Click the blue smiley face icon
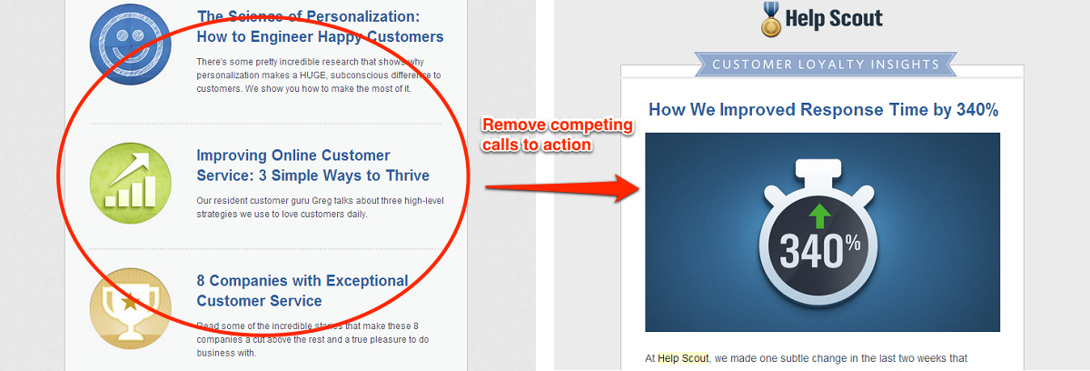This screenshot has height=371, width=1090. pyautogui.click(x=131, y=45)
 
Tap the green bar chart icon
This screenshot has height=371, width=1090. pyautogui.click(x=131, y=183)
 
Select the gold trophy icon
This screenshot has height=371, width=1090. pyautogui.click(x=131, y=308)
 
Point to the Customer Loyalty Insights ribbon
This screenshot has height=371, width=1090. pyautogui.click(x=826, y=65)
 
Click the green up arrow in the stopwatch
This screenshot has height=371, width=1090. pyautogui.click(x=820, y=216)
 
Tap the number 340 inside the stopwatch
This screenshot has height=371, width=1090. pyautogui.click(x=811, y=251)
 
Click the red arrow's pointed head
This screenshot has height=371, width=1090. pyautogui.click(x=639, y=188)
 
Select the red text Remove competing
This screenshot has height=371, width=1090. pyautogui.click(x=558, y=125)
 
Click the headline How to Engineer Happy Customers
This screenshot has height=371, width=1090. pyautogui.click(x=320, y=36)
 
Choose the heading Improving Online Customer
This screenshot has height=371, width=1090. pyautogui.click(x=293, y=155)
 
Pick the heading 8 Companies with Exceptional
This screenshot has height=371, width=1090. pyautogui.click(x=302, y=280)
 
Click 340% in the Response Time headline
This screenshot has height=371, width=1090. pyautogui.click(x=977, y=109)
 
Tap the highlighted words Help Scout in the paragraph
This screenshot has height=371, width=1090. pyautogui.click(x=683, y=358)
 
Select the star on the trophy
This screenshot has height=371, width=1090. pyautogui.click(x=130, y=302)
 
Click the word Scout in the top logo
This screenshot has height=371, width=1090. pyautogui.click(x=856, y=18)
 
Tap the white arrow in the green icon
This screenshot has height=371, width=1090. pyautogui.click(x=129, y=169)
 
